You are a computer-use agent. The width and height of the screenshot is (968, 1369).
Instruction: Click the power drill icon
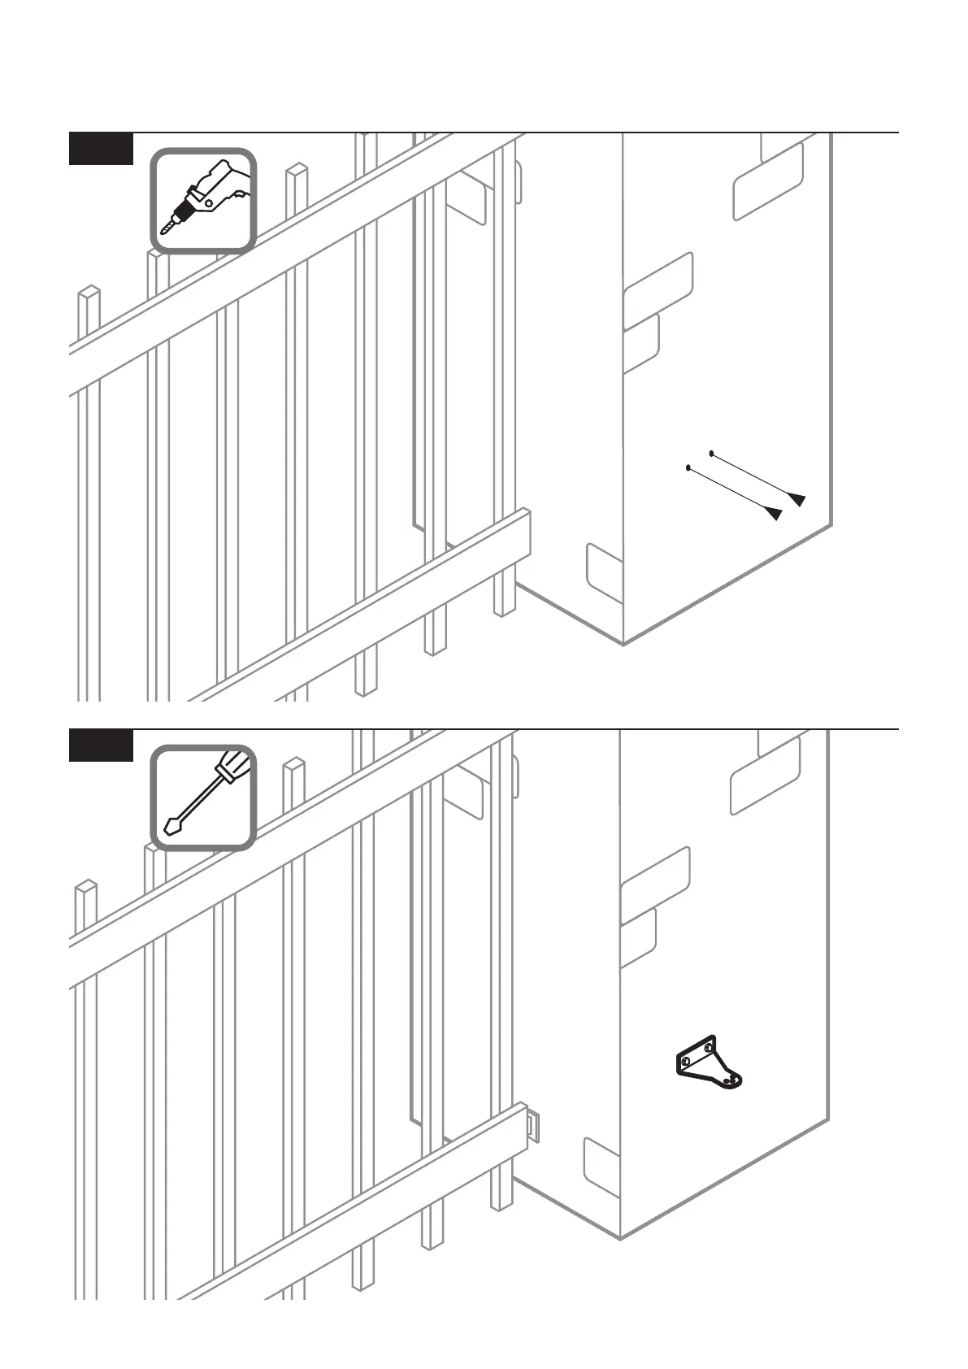[x=204, y=200]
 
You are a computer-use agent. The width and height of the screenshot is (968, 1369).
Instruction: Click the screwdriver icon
[x=204, y=797]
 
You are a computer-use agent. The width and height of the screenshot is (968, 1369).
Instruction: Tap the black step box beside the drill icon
[x=101, y=149]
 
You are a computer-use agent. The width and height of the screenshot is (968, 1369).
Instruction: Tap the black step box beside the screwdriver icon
[x=101, y=746]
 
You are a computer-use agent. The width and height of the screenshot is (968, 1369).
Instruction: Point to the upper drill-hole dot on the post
[x=713, y=452]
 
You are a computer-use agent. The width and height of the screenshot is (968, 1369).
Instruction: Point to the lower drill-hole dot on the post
[x=689, y=467]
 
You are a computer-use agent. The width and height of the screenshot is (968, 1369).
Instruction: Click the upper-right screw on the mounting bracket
[x=710, y=1048]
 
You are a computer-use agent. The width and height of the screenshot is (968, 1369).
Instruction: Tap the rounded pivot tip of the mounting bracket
[x=735, y=1080]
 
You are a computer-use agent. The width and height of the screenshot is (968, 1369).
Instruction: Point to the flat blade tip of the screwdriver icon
[x=171, y=827]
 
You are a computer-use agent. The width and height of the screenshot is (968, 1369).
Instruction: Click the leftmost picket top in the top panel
[x=89, y=290]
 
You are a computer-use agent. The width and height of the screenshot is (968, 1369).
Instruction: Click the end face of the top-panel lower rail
[x=526, y=532]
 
